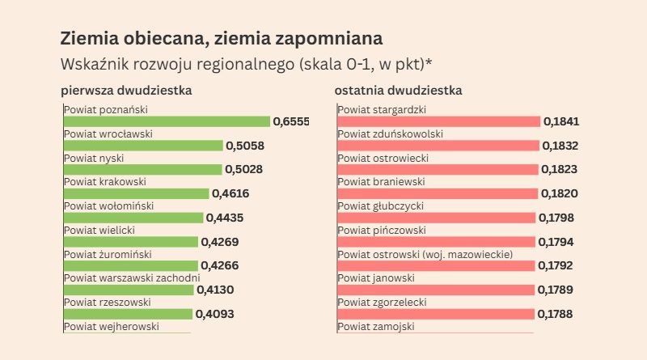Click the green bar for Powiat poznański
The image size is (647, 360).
(167, 121)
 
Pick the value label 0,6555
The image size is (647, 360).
(291, 121)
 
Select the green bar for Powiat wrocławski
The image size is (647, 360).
(143, 146)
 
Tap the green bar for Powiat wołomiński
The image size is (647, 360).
(133, 218)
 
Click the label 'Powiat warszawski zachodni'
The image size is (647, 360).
(131, 278)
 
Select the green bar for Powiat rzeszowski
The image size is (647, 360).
(128, 314)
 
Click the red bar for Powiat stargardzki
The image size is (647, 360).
(438, 121)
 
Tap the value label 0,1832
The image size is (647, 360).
(560, 146)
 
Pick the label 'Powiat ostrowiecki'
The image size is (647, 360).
(383, 158)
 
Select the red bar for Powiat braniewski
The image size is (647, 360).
(438, 193)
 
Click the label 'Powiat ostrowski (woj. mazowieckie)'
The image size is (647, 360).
(425, 254)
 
